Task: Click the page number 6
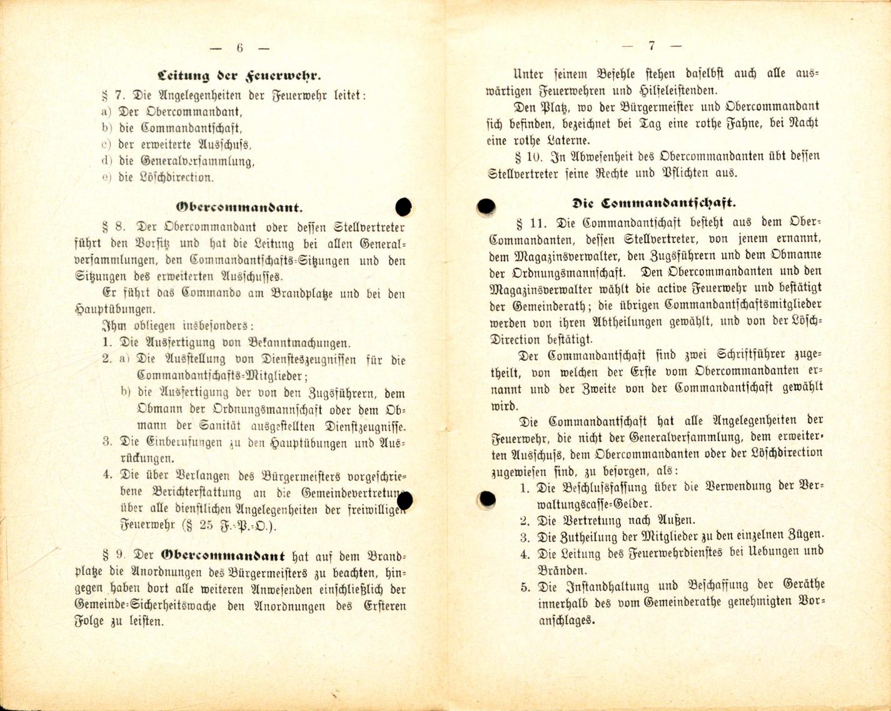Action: pyautogui.click(x=240, y=48)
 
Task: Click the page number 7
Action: pyautogui.click(x=652, y=46)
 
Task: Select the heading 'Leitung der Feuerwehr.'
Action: pyautogui.click(x=239, y=77)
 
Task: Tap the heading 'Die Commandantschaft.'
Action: pyautogui.click(x=653, y=203)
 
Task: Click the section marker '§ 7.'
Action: pyautogui.click(x=113, y=96)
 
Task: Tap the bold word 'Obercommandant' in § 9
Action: pyautogui.click(x=223, y=555)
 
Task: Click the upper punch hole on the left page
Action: pyautogui.click(x=404, y=207)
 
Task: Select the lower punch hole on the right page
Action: pyautogui.click(x=486, y=499)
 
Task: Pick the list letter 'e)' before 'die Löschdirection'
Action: pyautogui.click(x=106, y=177)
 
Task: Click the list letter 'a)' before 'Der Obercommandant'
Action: pyautogui.click(x=106, y=112)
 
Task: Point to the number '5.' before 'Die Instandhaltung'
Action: pyautogui.click(x=525, y=587)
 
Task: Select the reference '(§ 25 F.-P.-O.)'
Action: pyautogui.click(x=229, y=526)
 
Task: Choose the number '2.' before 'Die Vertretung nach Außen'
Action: pyautogui.click(x=525, y=520)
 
